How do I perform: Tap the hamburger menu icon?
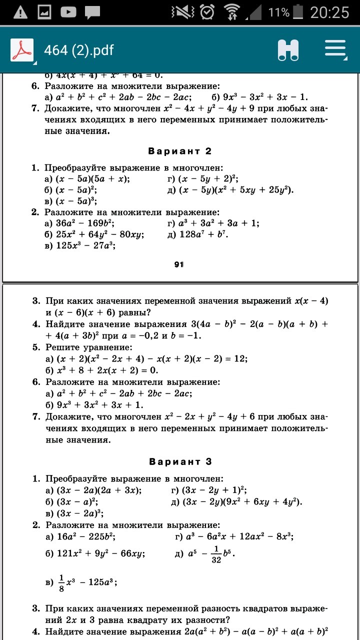pos(335,50)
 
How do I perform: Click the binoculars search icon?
pos(288,50)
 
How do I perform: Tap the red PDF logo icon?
pos(21,50)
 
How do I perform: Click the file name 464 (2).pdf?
pos(78,50)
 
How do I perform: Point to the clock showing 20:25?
pos(329,12)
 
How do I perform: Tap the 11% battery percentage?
pos(278,12)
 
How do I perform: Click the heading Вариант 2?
pos(180,151)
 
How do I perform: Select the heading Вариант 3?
pos(181,461)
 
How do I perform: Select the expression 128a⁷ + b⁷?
pos(203,234)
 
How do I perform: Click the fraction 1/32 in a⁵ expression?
pos(216,553)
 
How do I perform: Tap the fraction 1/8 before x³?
pos(61,582)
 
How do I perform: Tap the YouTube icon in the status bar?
pos(68,12)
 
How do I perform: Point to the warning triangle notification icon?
pos(20,12)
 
